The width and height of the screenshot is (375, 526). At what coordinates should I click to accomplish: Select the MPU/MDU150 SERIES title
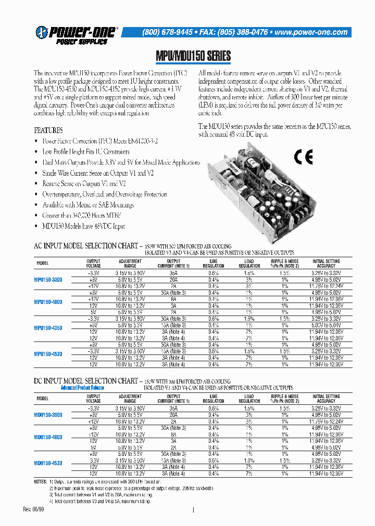193,56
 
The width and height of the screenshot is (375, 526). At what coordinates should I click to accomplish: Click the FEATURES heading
48,130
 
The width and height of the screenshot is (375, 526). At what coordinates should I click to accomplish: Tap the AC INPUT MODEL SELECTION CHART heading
86,245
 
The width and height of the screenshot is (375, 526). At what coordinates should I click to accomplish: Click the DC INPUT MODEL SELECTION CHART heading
86,381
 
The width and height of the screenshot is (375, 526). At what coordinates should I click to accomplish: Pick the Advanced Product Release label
82,388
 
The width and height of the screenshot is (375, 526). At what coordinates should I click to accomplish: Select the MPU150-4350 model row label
48,328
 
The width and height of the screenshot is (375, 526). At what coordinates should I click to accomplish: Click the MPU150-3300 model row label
48,280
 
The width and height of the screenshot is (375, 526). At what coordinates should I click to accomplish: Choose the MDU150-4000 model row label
48,437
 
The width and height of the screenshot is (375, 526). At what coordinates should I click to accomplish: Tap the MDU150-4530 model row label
48,463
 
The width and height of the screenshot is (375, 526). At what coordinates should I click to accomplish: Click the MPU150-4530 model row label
48,353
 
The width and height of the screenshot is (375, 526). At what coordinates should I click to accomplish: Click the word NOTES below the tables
41,482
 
